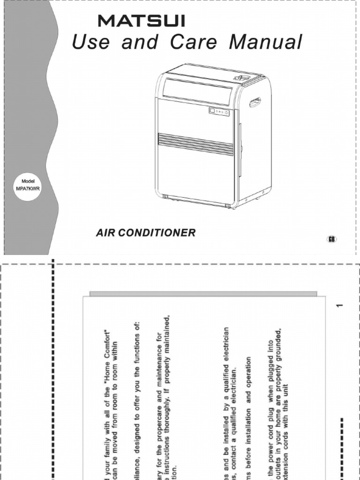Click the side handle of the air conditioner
[255, 102]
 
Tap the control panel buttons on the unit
[219, 112]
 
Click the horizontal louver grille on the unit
[195, 143]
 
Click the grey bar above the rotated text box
[203, 293]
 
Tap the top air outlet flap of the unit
[197, 92]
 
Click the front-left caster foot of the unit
[165, 197]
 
